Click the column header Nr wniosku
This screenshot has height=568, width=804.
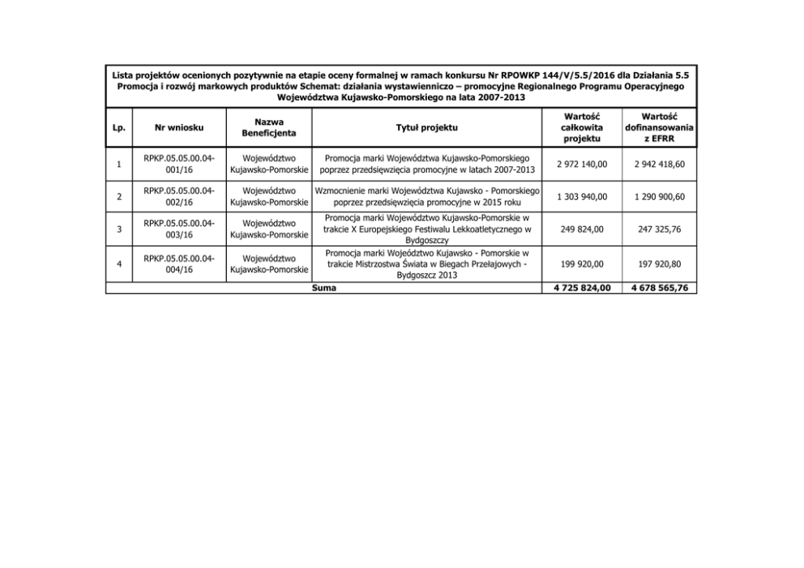coord(181,127)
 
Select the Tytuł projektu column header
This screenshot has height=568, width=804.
coord(426,127)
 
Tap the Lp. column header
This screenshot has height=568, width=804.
coord(119,127)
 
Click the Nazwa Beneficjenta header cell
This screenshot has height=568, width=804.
coord(268,127)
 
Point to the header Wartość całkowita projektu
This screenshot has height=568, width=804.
coord(580,127)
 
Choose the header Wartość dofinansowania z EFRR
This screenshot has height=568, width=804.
coord(659,127)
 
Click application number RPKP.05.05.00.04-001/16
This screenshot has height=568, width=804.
coord(181,164)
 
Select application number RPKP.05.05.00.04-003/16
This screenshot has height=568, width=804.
coord(181,229)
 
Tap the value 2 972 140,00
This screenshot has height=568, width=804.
coord(580,164)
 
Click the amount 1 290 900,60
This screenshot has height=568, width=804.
coord(659,197)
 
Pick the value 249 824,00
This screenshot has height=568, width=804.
coord(580,229)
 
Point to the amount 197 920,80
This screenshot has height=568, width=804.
coord(659,263)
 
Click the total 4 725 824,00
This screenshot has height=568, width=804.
coord(580,287)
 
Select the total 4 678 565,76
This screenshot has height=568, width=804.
coord(659,287)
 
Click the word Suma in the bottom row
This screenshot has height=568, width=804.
coord(323,287)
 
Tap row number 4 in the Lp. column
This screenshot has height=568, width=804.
coord(119,263)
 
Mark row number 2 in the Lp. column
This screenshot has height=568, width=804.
coord(119,197)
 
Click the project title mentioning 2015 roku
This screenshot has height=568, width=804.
coord(426,197)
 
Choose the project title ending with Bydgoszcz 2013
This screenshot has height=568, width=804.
coord(426,263)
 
